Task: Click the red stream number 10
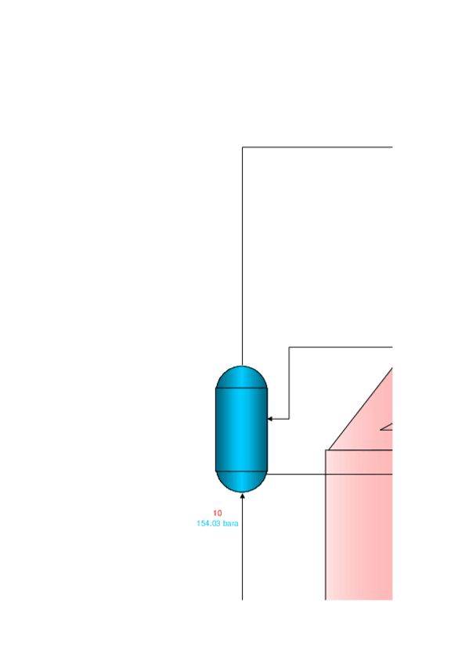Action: [217, 513]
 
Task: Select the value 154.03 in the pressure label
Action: [208, 523]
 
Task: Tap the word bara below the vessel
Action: [230, 523]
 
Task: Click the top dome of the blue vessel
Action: [242, 377]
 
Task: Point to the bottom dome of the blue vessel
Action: [242, 482]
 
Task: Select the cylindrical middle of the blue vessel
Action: [242, 429]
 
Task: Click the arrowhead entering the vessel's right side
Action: [270, 419]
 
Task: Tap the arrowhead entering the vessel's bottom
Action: [242, 496]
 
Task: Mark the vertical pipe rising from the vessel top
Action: [242, 256]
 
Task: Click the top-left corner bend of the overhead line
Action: [242, 147]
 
